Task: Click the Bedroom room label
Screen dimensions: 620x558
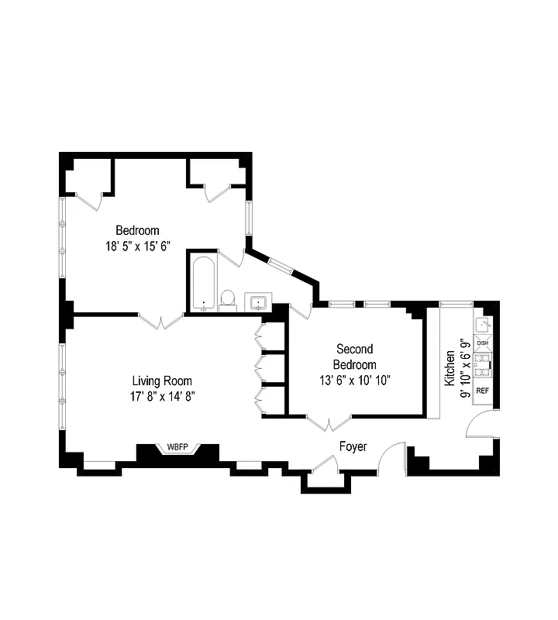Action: [x=137, y=230]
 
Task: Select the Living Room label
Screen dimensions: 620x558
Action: [x=161, y=381]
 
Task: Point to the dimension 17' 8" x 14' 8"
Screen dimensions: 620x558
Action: [x=161, y=396]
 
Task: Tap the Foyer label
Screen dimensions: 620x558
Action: [x=353, y=447]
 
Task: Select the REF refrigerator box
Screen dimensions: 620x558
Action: [x=482, y=390]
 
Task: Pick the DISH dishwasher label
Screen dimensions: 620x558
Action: [x=482, y=343]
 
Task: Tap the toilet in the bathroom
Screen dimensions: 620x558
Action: [x=228, y=298]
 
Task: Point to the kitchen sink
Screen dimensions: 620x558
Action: [x=482, y=324]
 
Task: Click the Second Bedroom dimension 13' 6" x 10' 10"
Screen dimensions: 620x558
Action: [x=354, y=380]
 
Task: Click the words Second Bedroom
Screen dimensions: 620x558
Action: [x=354, y=356]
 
